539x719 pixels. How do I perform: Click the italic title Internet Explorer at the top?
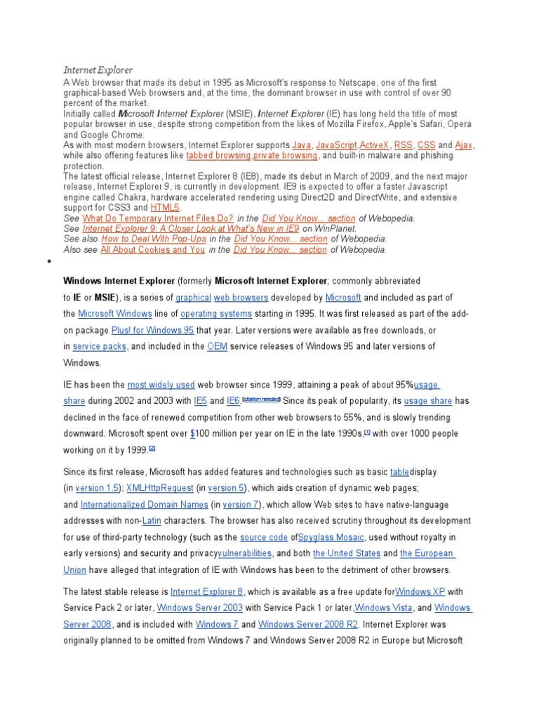point(98,70)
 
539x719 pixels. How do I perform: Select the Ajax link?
point(463,145)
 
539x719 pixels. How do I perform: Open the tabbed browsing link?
point(218,155)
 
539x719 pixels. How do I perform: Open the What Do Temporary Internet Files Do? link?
point(158,218)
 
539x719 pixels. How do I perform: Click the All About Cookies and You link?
point(153,249)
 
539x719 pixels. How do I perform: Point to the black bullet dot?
point(50,262)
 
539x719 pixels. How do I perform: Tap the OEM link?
point(217,346)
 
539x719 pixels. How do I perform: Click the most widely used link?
point(161,385)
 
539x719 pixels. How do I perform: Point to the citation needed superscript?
point(261,399)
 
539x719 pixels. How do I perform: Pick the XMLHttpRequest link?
point(160,488)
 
